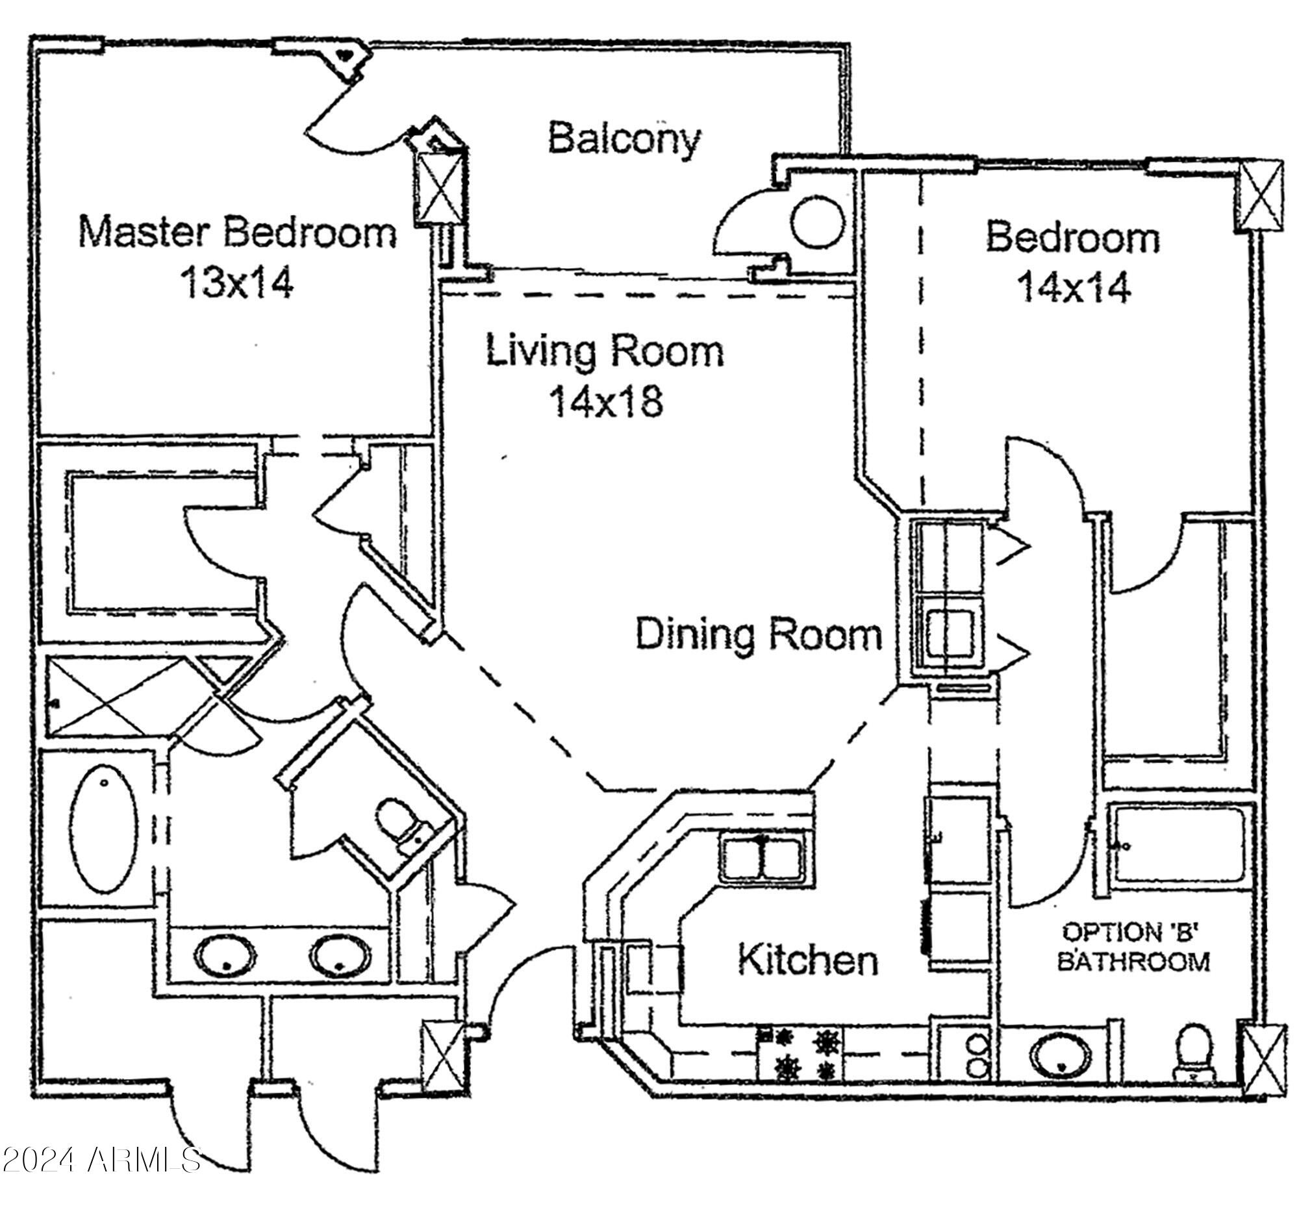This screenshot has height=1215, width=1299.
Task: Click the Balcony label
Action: tap(624, 138)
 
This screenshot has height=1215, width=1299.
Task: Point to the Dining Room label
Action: tap(759, 634)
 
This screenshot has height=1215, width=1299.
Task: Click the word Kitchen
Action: tap(807, 960)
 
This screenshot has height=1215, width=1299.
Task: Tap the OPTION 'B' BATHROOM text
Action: tap(1133, 947)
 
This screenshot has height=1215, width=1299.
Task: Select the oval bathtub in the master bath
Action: tap(104, 827)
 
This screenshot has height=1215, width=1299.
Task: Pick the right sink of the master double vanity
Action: tap(340, 957)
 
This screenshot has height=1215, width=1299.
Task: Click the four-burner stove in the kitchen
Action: tap(800, 1055)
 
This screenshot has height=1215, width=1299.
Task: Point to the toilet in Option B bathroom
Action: tap(1193, 1052)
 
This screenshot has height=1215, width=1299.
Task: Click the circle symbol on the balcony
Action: tap(816, 223)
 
